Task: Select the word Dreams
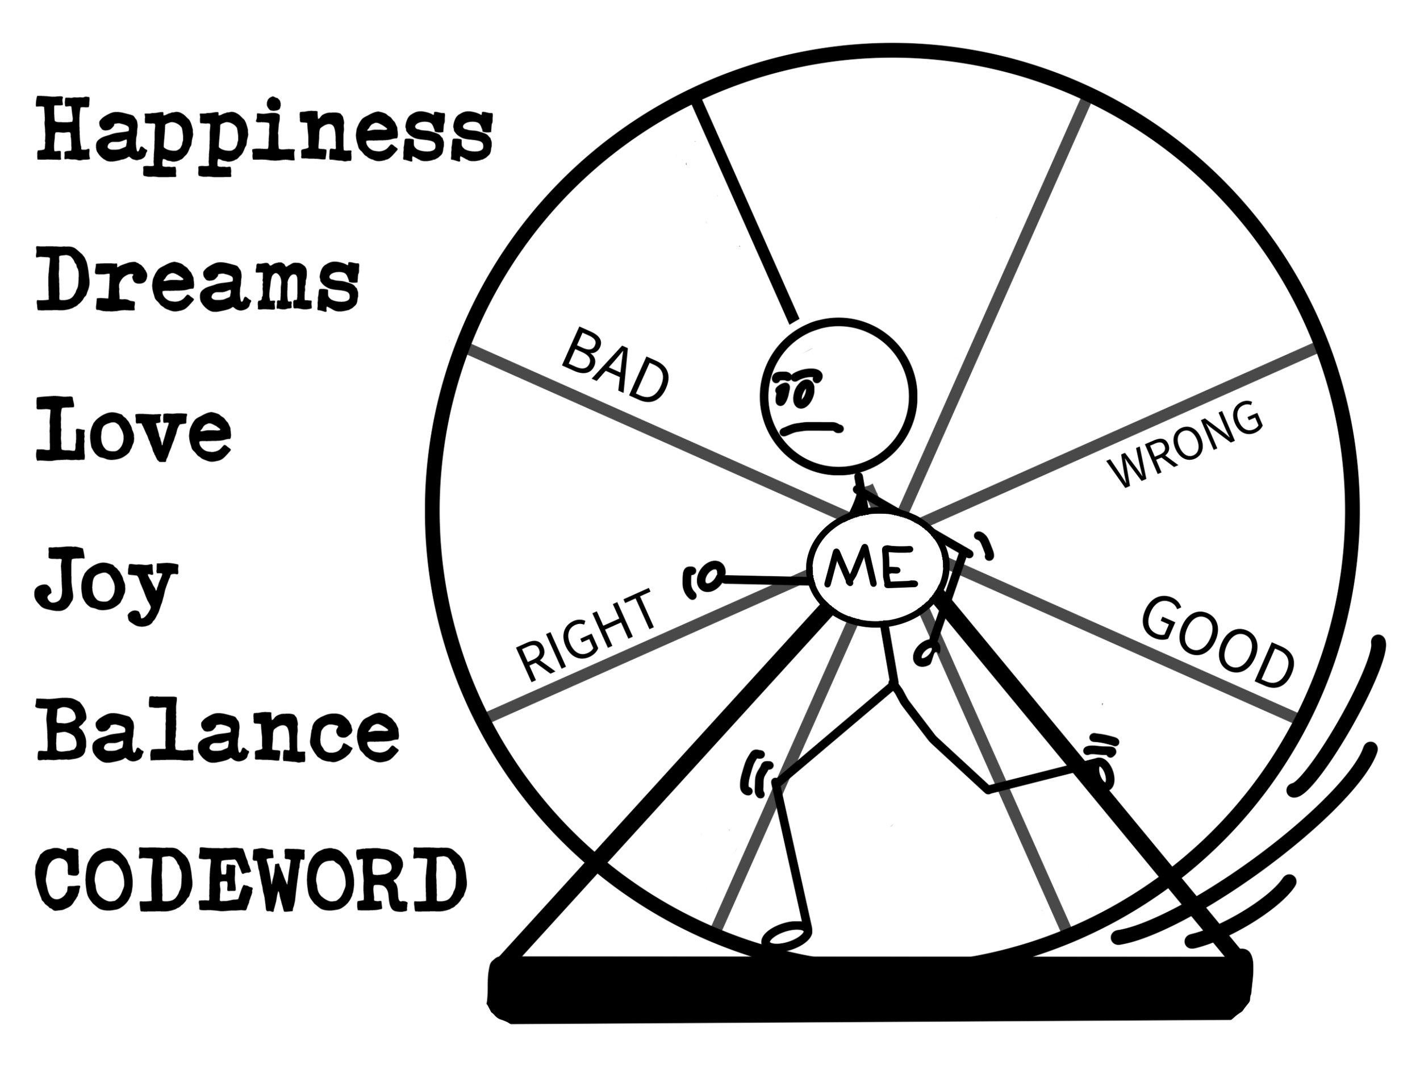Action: pos(197,282)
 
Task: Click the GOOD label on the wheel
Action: pos(1215,641)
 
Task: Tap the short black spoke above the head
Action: pos(746,212)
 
